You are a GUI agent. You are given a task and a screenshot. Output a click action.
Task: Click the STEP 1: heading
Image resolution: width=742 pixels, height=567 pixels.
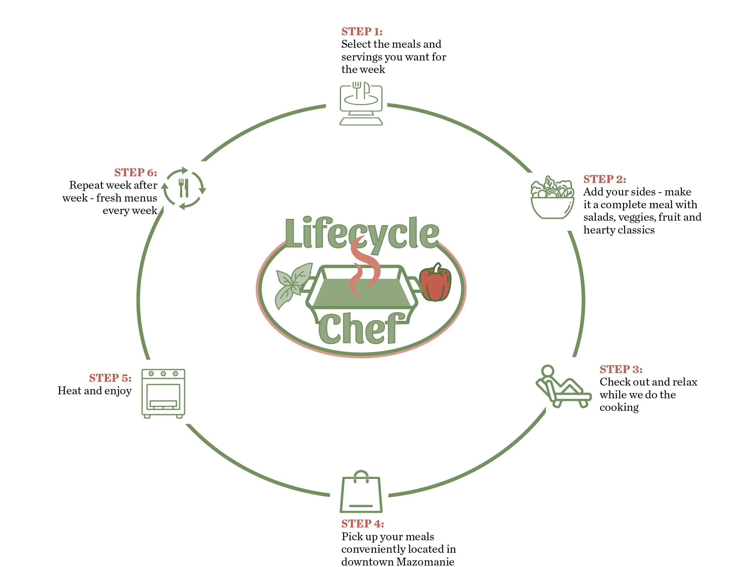(362, 31)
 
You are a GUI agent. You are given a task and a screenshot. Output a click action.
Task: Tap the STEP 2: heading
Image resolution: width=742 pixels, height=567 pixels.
(605, 179)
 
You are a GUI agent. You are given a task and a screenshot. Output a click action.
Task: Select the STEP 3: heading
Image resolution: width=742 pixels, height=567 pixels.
(621, 369)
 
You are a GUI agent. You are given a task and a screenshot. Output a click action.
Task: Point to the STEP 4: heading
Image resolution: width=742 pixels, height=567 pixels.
(362, 524)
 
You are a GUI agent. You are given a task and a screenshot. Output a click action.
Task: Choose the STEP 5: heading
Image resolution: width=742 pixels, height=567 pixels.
(110, 378)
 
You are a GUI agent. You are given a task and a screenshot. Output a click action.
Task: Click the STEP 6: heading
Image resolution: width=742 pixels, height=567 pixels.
(135, 173)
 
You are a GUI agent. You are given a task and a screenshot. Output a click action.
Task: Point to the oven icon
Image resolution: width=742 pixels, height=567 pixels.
(163, 393)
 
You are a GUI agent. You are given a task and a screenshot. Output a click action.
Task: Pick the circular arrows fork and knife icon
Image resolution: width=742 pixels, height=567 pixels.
(184, 188)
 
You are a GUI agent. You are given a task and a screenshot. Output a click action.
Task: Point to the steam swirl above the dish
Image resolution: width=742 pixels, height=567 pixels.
(364, 265)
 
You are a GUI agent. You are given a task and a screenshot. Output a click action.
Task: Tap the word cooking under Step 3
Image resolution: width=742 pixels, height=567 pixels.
(619, 408)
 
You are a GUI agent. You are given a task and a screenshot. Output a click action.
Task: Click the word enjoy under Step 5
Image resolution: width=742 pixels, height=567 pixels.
(118, 391)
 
